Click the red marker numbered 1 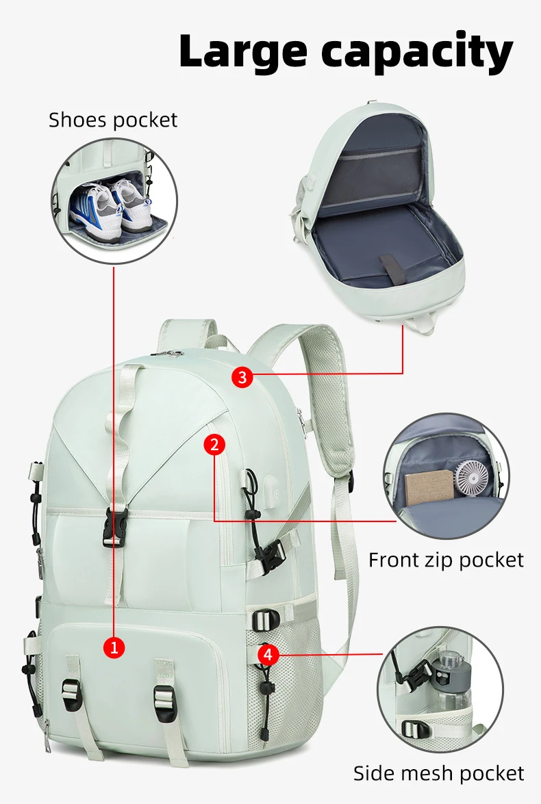[114, 647]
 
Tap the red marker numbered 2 [214, 444]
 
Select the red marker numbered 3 [242, 378]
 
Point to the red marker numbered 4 [268, 654]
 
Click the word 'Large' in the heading [244, 51]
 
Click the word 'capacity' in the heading [417, 52]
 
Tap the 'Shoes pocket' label [113, 120]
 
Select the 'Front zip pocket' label [446, 560]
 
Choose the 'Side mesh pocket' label [439, 773]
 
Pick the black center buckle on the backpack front [115, 527]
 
